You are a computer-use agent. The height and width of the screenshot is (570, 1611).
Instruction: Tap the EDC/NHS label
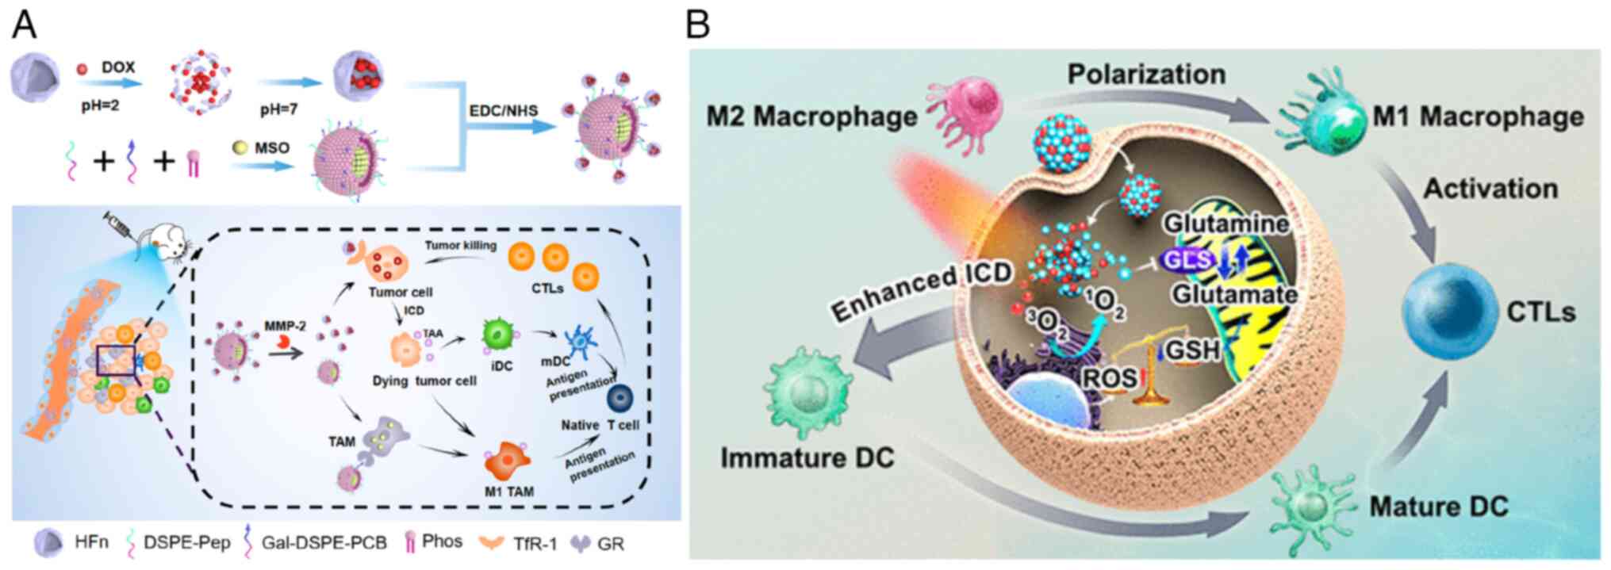[x=503, y=110]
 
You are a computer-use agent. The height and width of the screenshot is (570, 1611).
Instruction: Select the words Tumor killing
[x=460, y=246]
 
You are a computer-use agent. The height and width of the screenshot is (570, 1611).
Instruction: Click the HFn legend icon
[x=48, y=543]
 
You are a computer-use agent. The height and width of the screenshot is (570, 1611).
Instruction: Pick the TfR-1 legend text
[x=535, y=544]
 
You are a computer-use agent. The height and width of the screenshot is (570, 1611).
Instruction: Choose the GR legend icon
[x=581, y=544]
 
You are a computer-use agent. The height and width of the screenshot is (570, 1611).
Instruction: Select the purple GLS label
[x=1187, y=259]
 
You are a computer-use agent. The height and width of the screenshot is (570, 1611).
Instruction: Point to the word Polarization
[x=1146, y=75]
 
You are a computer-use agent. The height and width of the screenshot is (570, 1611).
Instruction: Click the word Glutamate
[x=1234, y=294]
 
